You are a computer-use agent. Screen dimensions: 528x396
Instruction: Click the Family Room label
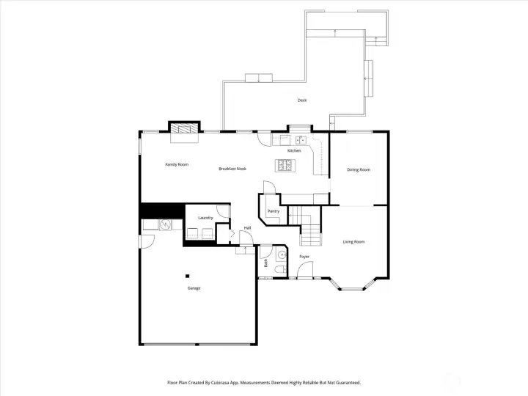tap(177, 165)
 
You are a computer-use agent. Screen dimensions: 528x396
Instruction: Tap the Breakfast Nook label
tap(232, 169)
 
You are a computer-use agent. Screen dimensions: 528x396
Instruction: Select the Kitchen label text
tap(294, 150)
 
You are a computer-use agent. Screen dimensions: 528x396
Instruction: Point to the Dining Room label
tap(359, 169)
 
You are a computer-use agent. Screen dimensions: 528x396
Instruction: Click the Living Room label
tap(353, 242)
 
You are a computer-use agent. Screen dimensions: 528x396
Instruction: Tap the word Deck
tap(302, 100)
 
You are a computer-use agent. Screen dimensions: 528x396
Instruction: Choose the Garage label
tap(194, 288)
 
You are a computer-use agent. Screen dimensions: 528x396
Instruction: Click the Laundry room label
tap(205, 218)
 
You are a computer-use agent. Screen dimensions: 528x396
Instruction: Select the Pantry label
tap(274, 211)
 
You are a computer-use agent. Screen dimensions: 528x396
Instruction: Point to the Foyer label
tap(304, 257)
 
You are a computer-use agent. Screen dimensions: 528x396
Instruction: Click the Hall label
tap(248, 228)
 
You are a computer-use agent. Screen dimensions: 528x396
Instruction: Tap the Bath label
tap(265, 263)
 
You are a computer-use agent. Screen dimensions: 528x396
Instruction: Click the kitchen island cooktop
tap(285, 165)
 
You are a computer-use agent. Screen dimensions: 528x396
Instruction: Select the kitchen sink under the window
tap(301, 139)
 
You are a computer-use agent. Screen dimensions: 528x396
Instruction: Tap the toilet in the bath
tap(280, 269)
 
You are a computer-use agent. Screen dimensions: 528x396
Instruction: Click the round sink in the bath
tap(282, 255)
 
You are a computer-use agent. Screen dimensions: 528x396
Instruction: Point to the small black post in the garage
tap(188, 276)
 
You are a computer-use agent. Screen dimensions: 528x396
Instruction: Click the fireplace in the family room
tap(184, 128)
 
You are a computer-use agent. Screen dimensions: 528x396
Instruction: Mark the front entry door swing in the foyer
tap(305, 269)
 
